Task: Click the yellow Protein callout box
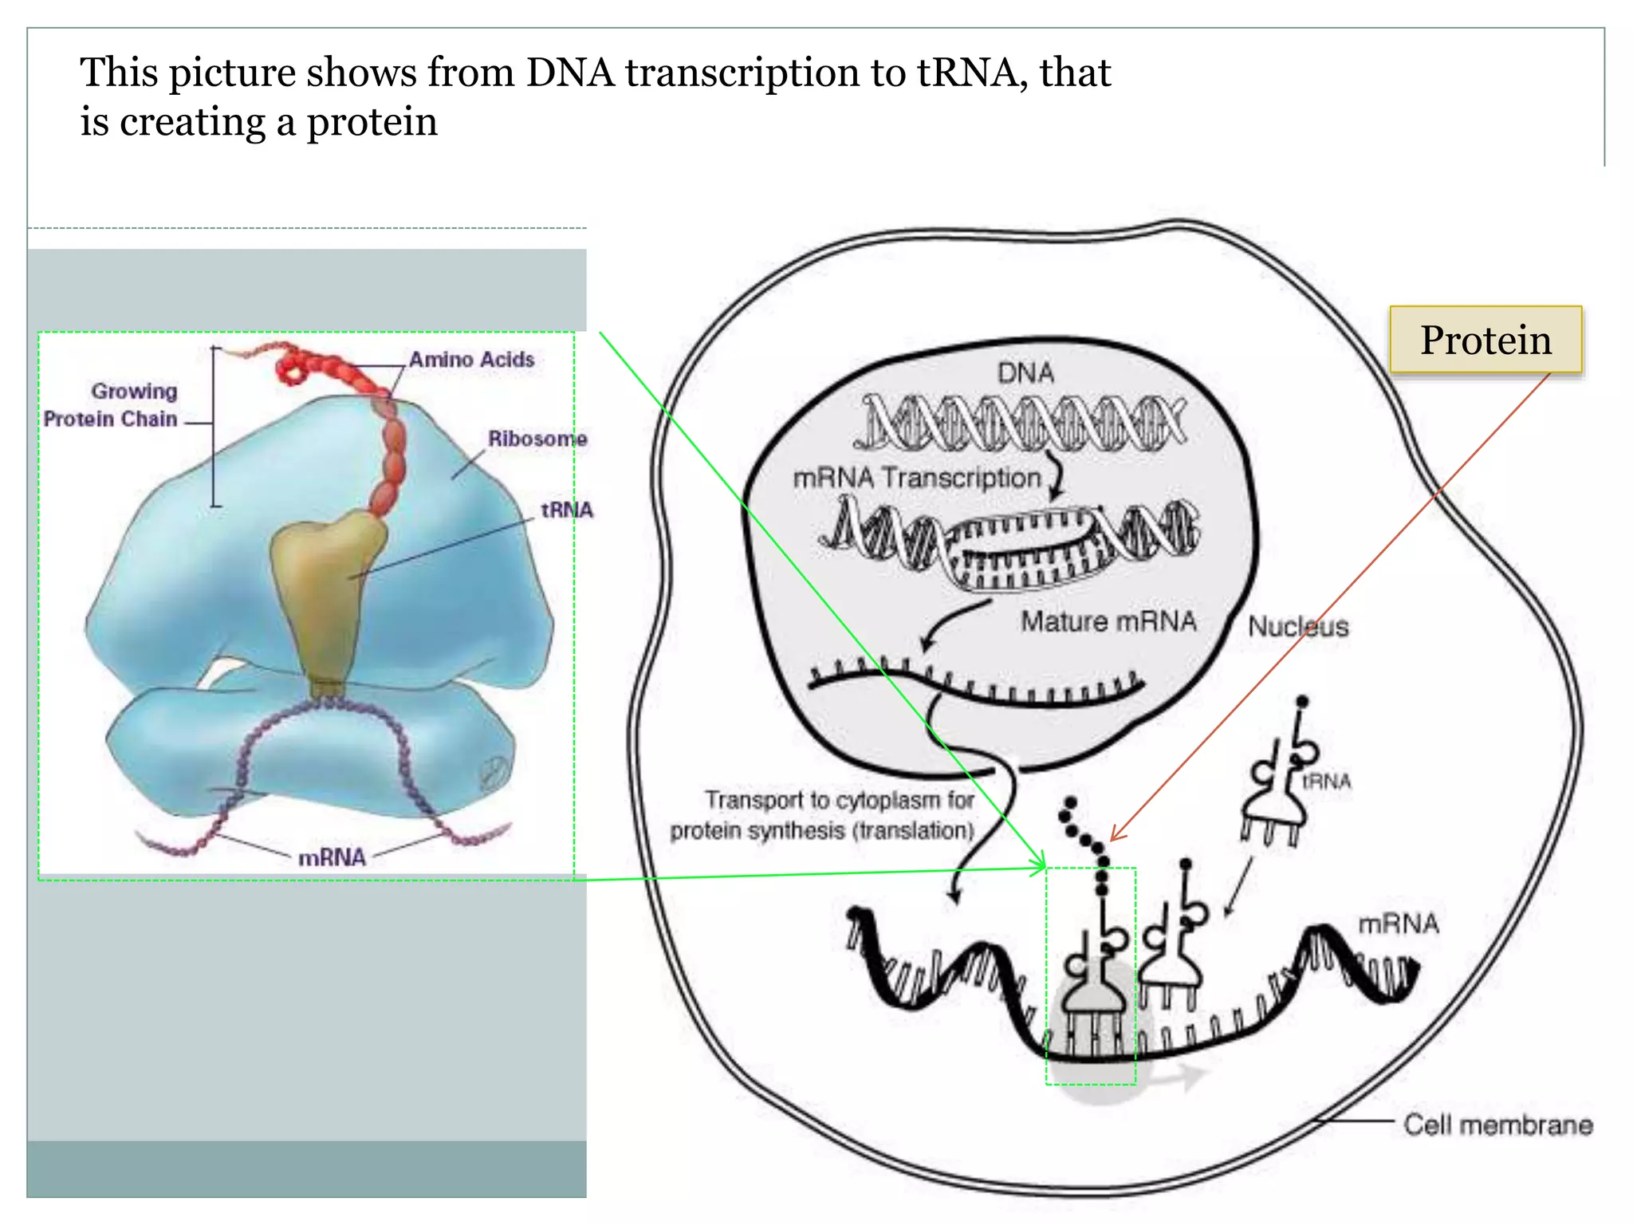coord(1485,340)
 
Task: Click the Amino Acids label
coord(471,360)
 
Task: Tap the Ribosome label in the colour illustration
coord(537,439)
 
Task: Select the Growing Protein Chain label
coord(112,405)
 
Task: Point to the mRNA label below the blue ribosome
coord(332,857)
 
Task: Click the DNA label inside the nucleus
coord(1025,372)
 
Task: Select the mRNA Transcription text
coord(917,478)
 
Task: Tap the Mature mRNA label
coord(1108,621)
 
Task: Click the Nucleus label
coord(1298,627)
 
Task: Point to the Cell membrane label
coord(1497,1125)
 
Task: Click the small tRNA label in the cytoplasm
coord(1327,782)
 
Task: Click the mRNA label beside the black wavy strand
coord(1399,924)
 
